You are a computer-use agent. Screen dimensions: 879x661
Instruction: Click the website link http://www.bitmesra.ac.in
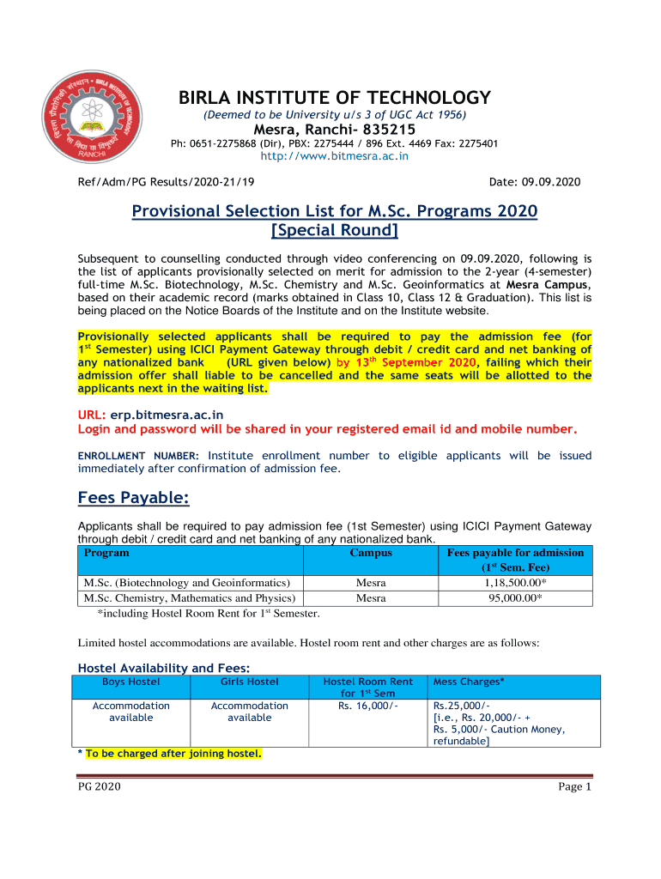[334, 156]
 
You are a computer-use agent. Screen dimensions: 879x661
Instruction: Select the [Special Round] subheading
[334, 231]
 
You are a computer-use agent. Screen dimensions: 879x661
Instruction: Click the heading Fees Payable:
[133, 498]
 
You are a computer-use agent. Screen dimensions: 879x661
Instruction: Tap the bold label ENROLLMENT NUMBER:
[138, 456]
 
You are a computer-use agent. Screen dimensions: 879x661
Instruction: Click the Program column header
[106, 553]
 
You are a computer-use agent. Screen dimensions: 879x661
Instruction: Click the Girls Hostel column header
[249, 682]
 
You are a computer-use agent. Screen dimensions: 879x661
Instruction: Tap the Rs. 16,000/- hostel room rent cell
[367, 706]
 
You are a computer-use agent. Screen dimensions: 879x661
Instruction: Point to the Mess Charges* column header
[469, 682]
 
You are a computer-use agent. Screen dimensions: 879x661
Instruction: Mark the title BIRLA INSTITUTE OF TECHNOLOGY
[334, 98]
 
